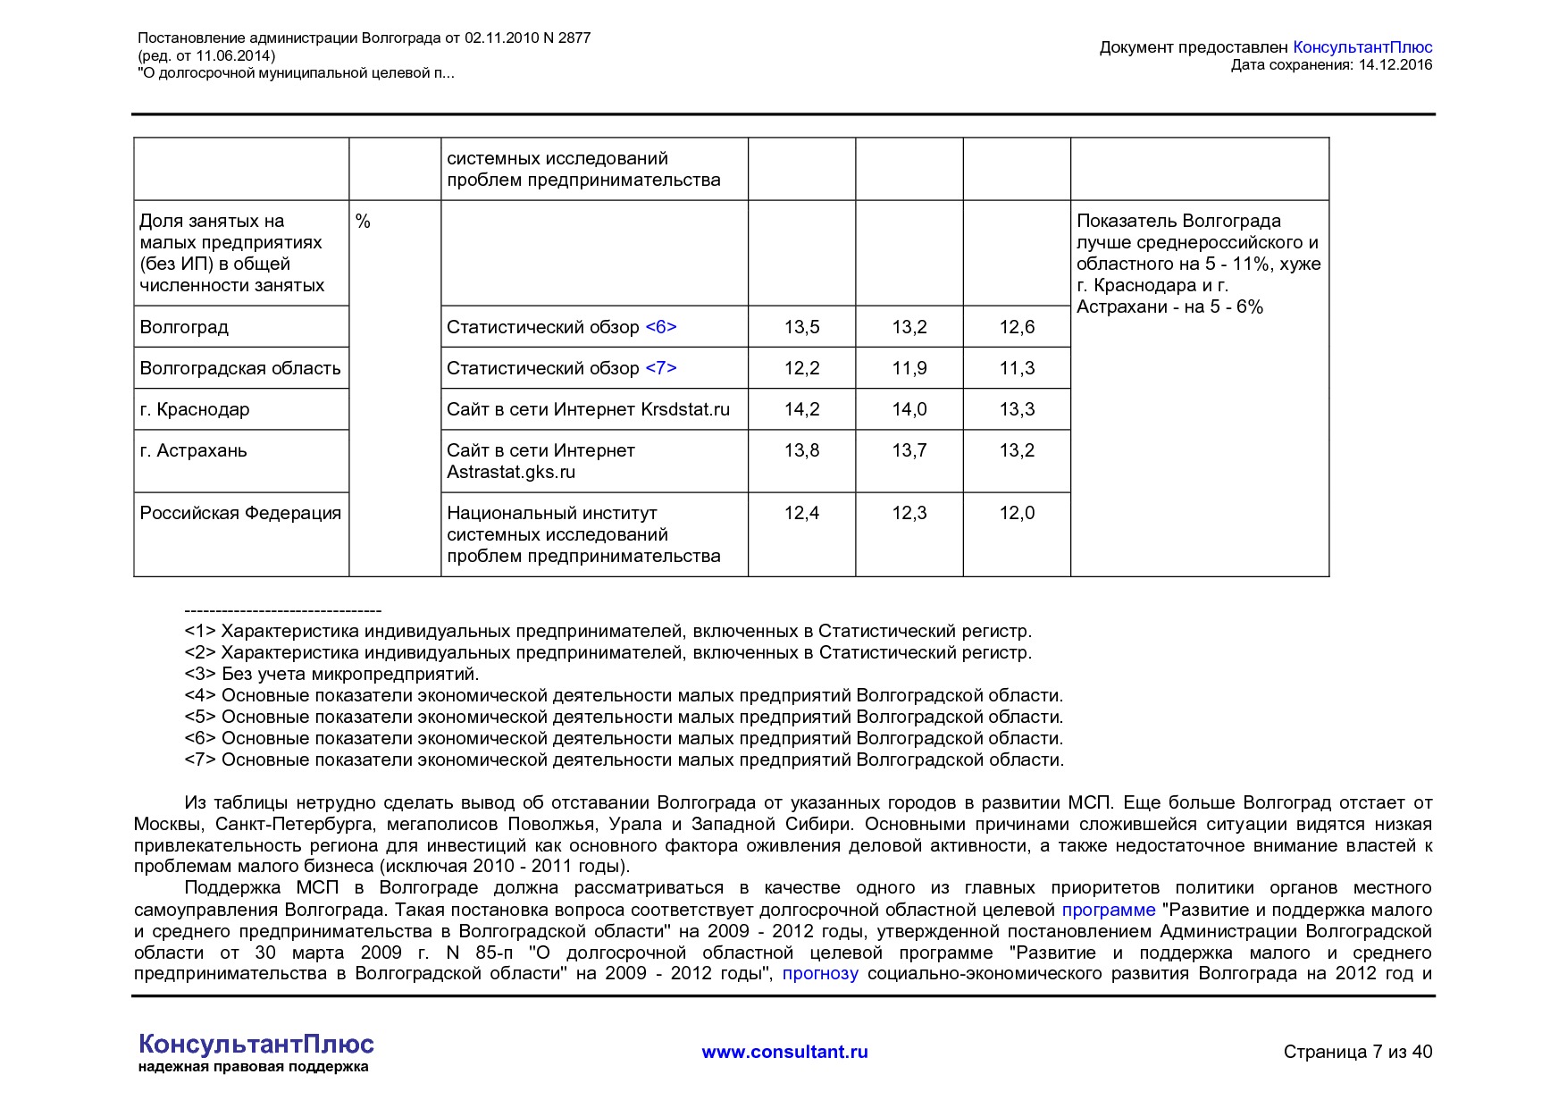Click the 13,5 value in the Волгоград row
[801, 327]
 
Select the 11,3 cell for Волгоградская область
[1017, 368]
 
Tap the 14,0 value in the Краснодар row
[909, 409]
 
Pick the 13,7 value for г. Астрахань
[909, 450]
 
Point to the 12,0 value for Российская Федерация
[1017, 513]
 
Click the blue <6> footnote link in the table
[661, 327]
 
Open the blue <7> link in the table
[661, 368]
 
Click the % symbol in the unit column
[363, 222]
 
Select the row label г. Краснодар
[195, 409]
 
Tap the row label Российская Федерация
[240, 513]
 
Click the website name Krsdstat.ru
[685, 409]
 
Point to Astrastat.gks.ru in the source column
[511, 472]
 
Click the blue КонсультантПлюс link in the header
[1362, 47]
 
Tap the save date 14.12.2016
[1395, 64]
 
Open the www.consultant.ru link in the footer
[784, 1052]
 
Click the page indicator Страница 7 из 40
[1357, 1052]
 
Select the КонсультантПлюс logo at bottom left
[256, 1045]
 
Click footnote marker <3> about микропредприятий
[200, 674]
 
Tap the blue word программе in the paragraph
[1108, 910]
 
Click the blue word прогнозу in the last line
[820, 973]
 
